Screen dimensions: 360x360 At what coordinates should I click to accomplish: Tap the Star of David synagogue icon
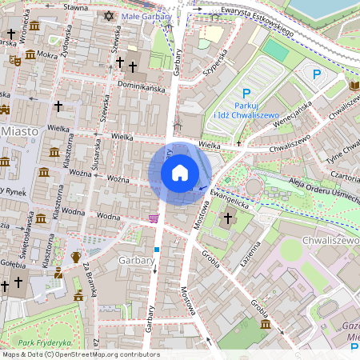[x=109, y=16]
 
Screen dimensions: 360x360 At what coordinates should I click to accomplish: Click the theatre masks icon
[x=15, y=60]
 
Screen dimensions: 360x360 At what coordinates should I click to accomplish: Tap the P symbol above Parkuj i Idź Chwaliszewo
[x=246, y=94]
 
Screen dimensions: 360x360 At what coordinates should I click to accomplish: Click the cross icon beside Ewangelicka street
[x=227, y=218]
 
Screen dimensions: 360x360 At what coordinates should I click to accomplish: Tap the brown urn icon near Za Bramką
[x=76, y=258]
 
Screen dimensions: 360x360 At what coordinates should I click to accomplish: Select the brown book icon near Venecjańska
[x=354, y=85]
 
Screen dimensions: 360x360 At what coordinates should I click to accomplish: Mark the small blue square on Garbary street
[x=157, y=250]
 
